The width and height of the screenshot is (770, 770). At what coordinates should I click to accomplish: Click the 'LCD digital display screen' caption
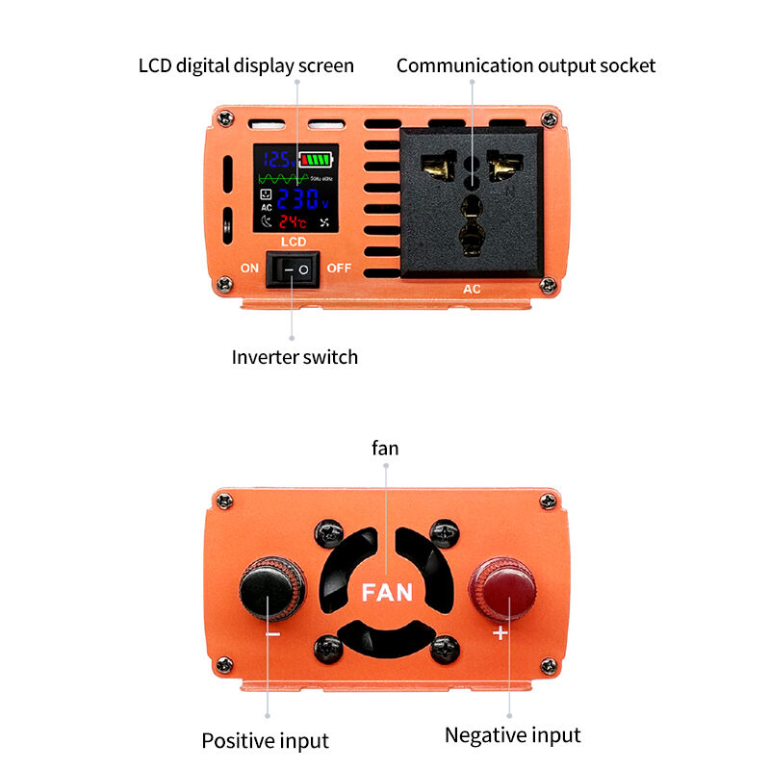pyautogui.click(x=246, y=65)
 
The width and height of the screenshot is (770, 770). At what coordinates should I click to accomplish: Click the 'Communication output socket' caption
pyautogui.click(x=526, y=65)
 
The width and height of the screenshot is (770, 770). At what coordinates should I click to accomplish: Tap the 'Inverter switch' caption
pyautogui.click(x=295, y=357)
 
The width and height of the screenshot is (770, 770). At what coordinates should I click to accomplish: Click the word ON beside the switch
pyautogui.click(x=249, y=269)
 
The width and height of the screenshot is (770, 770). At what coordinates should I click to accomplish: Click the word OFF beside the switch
pyautogui.click(x=340, y=269)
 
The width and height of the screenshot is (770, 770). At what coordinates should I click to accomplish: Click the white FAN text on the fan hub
pyautogui.click(x=387, y=591)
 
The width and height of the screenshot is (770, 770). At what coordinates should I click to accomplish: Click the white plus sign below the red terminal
pyautogui.click(x=500, y=633)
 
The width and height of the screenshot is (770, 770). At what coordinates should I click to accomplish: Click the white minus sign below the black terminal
pyautogui.click(x=272, y=634)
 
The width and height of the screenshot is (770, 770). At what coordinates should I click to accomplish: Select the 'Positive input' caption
pyautogui.click(x=265, y=741)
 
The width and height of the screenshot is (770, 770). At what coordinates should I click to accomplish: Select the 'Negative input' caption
pyautogui.click(x=512, y=735)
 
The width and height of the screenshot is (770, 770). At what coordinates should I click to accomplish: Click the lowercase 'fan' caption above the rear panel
pyautogui.click(x=385, y=449)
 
